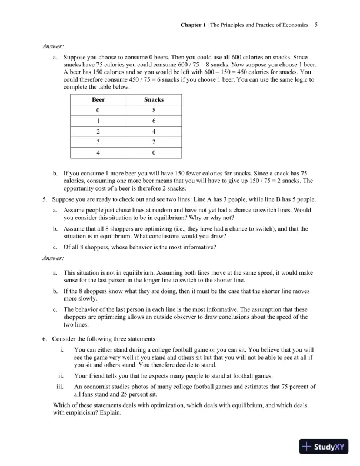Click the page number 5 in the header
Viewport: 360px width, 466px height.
316,25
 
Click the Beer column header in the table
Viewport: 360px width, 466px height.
98,99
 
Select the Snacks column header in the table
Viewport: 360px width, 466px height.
154,99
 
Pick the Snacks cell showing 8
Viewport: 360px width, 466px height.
154,111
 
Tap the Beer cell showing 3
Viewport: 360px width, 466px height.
98,142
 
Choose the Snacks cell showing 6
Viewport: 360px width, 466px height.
154,121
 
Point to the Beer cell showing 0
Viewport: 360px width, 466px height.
98,111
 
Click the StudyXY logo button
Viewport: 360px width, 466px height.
324,447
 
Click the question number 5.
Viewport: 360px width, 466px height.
45,199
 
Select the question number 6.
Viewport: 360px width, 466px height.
45,340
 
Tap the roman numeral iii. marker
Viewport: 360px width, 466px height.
60,387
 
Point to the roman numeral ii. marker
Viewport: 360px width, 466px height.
61,375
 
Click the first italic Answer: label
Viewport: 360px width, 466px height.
52,45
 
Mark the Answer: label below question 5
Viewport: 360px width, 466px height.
52,258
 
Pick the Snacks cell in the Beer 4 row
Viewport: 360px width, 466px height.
154,152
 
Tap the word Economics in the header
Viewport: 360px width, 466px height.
292,25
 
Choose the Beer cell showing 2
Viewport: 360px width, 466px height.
98,132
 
